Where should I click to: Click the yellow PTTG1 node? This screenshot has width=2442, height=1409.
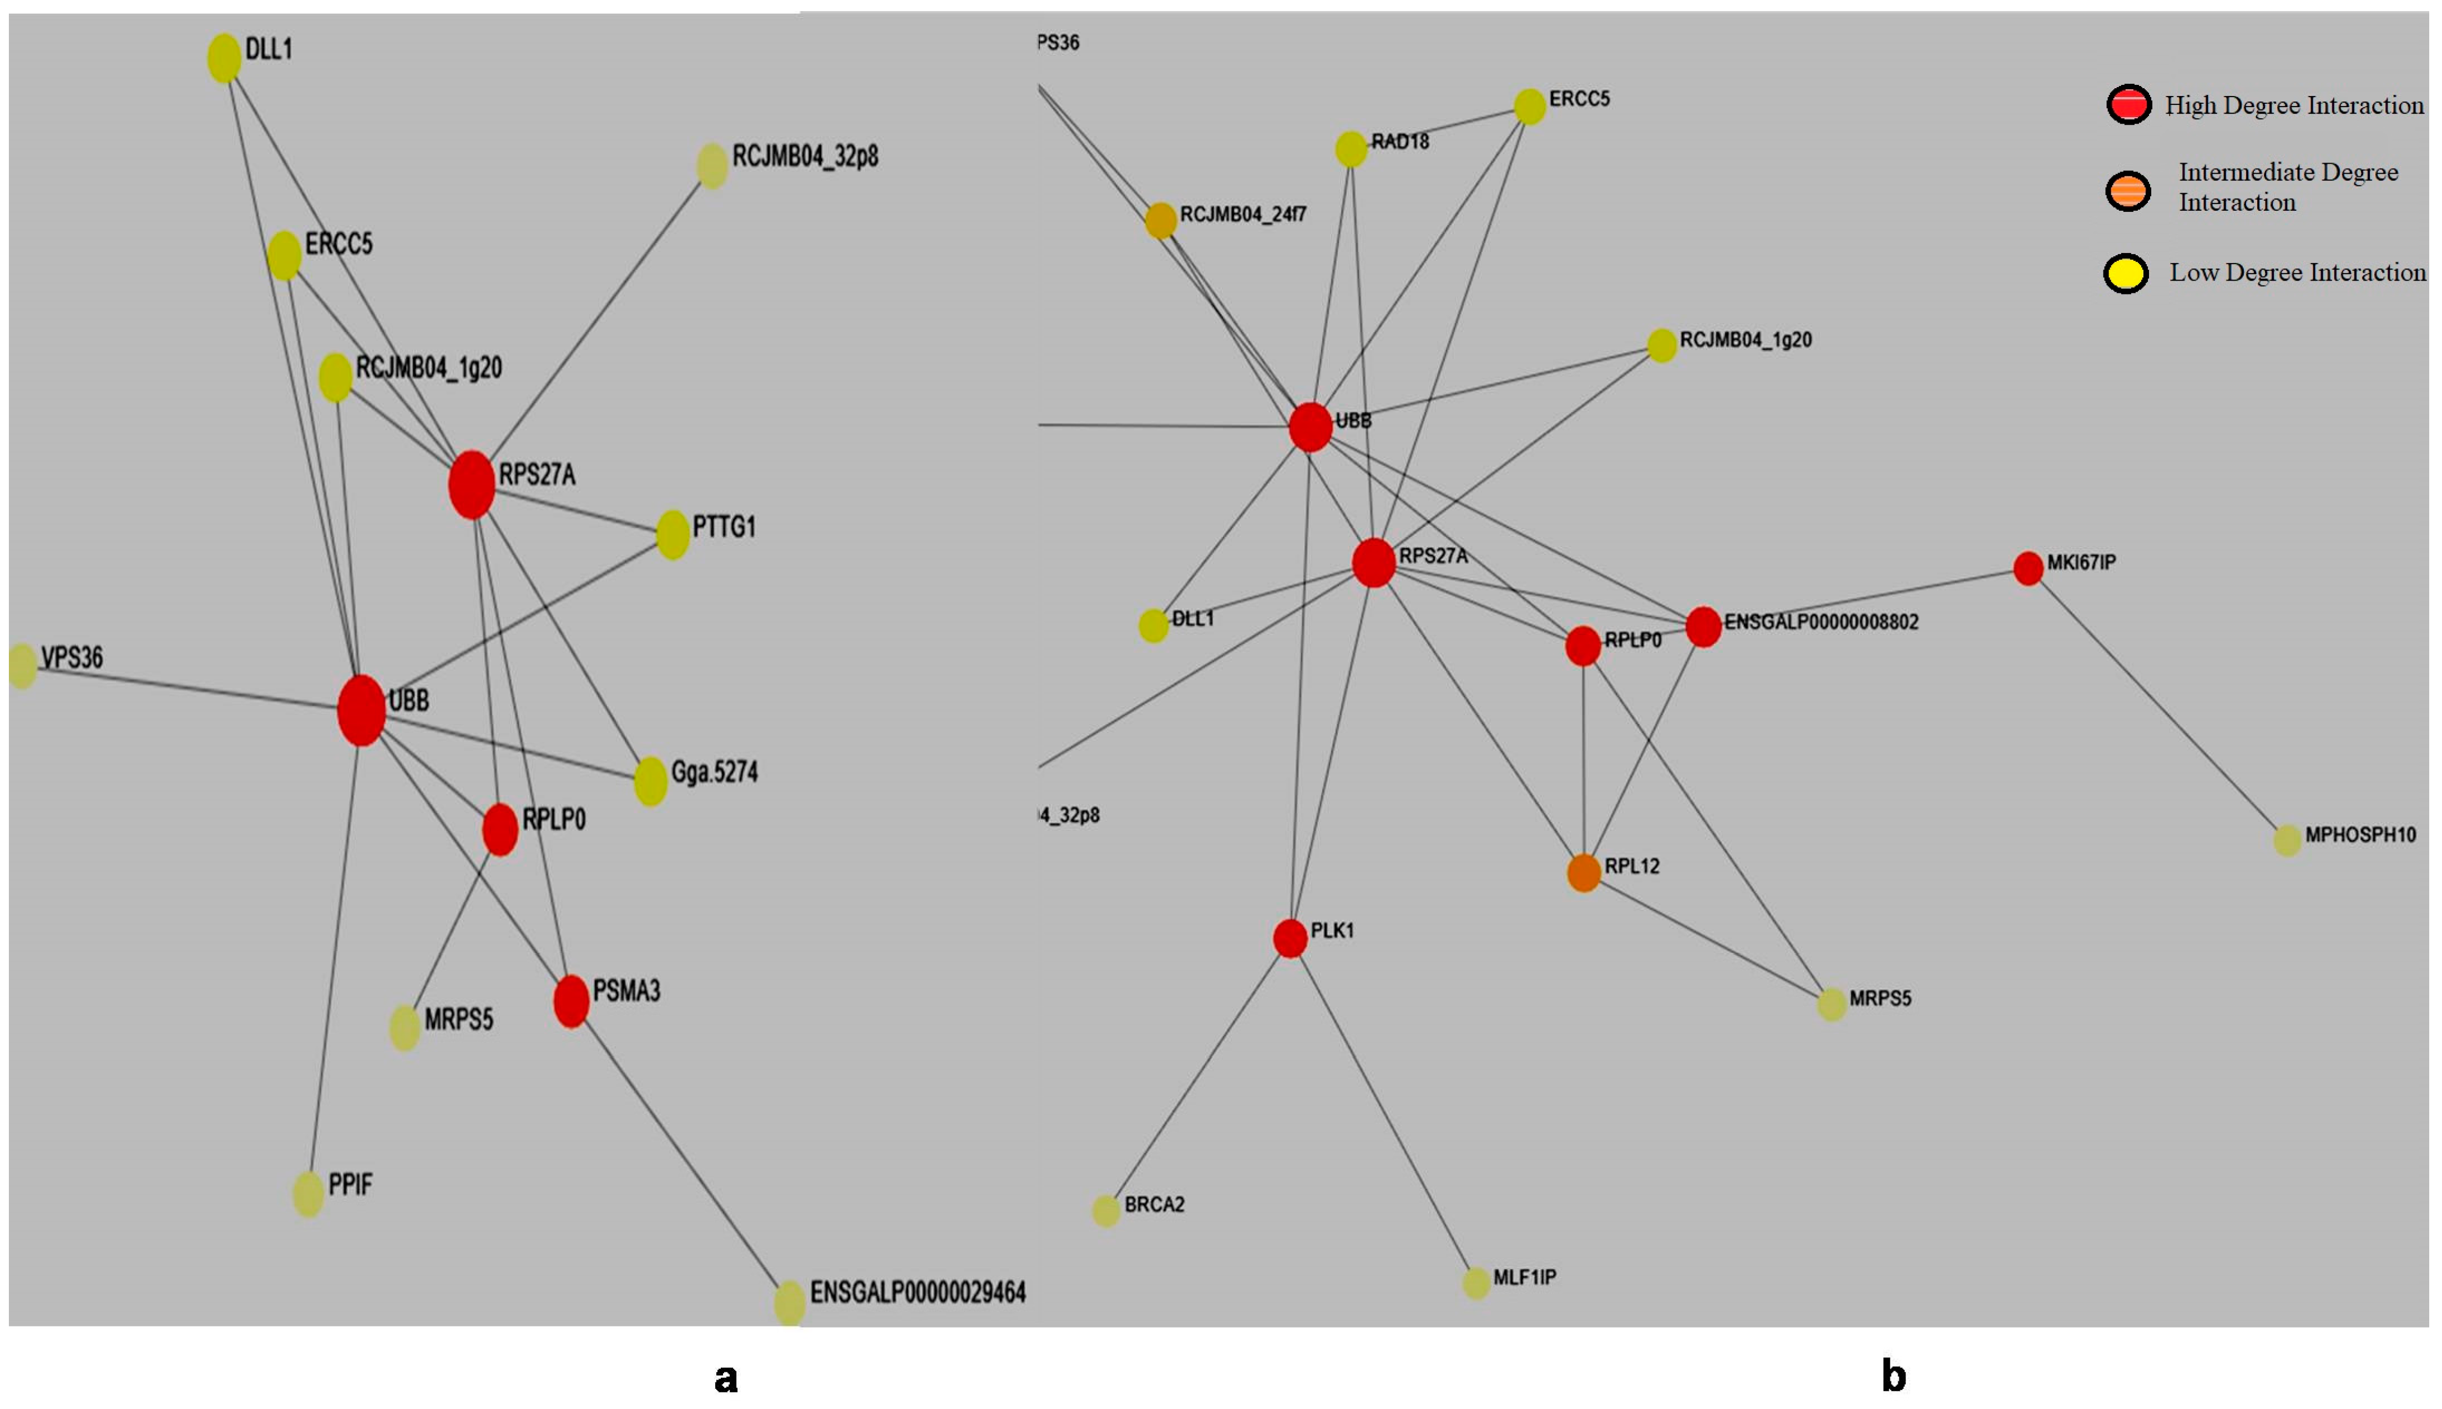[673, 534]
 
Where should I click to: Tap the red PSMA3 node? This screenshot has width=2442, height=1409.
[571, 1001]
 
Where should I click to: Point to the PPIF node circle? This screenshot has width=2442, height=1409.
[308, 1193]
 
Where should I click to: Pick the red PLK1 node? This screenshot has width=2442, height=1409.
[1290, 937]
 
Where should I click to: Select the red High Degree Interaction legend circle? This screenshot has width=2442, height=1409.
[2128, 104]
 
